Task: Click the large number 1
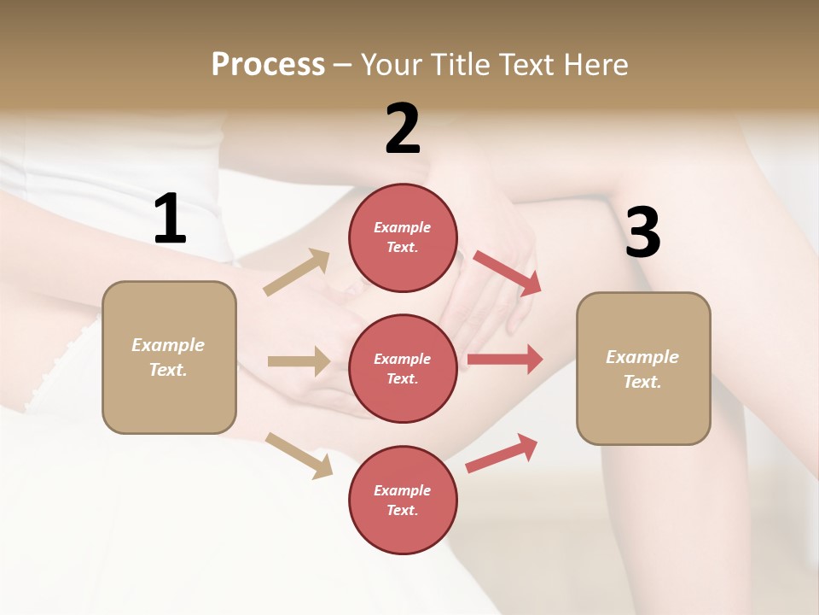point(170,220)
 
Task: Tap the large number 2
point(403,129)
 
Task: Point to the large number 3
point(642,233)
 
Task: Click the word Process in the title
point(268,64)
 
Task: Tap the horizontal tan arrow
point(299,361)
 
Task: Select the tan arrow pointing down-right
point(299,455)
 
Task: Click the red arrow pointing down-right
point(508,273)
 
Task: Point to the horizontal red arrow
point(505,359)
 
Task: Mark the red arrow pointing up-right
point(502,453)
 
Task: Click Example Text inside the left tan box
point(169,357)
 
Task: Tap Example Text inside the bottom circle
point(403,501)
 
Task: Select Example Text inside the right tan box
point(642,369)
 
